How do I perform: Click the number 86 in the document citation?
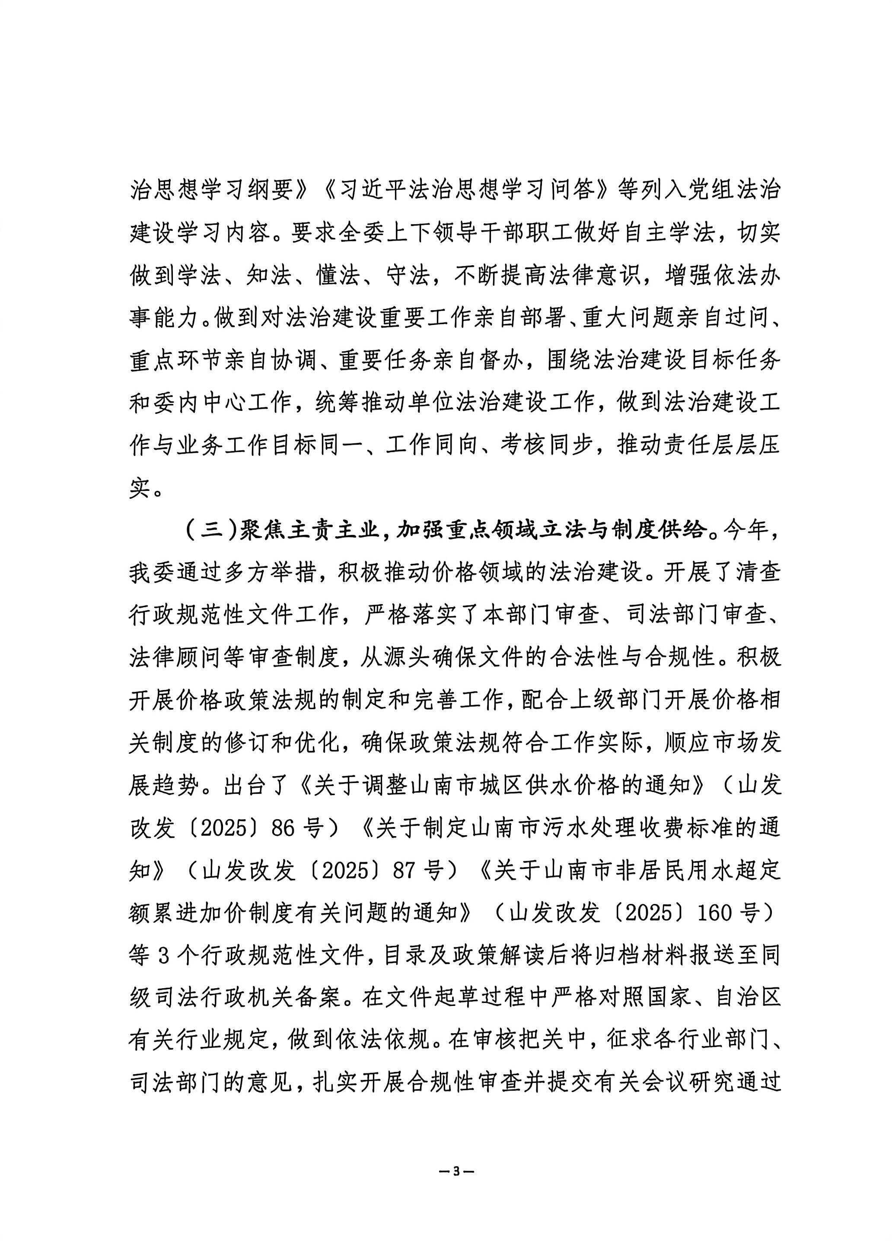pos(280,828)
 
